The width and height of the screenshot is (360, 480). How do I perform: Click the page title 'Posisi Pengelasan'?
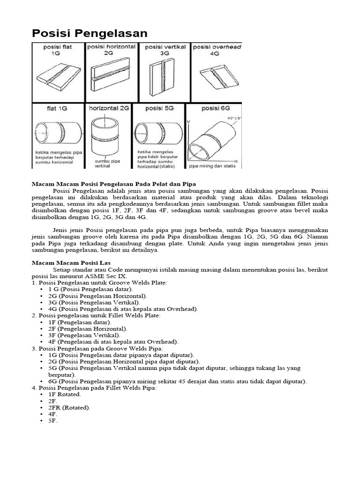[89, 33]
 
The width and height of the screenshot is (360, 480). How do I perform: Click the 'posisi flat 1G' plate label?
[58, 51]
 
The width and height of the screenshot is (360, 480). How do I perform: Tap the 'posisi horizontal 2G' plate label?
[112, 50]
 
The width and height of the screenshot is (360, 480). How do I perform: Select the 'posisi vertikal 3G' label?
[165, 50]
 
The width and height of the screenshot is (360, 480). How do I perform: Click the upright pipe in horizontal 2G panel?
[108, 135]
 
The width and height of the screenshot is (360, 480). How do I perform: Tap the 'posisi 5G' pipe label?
[159, 108]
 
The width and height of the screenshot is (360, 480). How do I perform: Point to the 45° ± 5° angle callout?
[233, 119]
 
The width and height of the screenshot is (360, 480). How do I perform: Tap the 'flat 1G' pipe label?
[56, 108]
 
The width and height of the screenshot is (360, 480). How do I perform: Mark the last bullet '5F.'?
[52, 420]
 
